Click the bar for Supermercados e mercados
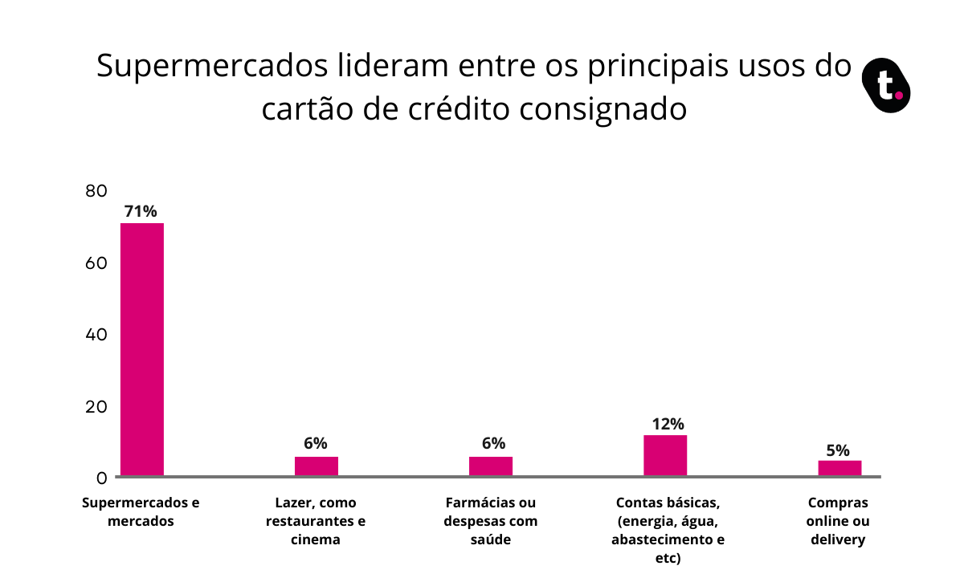142,349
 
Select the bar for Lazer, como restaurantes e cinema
317,466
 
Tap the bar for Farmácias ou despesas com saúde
491,466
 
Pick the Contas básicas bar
665,455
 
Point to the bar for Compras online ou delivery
839,468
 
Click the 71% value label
141,212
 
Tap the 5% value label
838,450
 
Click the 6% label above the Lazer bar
316,444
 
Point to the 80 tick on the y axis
96,191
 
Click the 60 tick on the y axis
96,263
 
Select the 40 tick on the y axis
96,334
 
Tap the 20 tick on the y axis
96,406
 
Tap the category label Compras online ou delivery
838,521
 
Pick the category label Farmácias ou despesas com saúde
490,521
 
